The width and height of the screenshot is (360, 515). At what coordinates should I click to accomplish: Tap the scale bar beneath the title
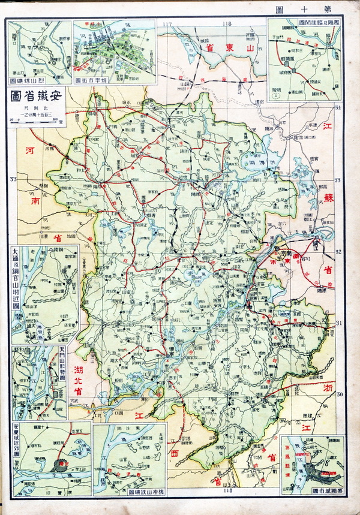coord(36,121)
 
